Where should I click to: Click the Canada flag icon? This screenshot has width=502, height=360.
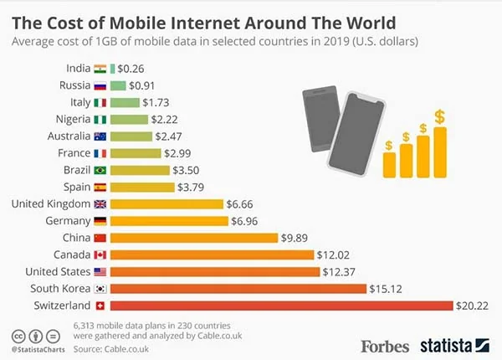pos(100,255)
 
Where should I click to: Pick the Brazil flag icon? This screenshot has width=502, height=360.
pos(100,170)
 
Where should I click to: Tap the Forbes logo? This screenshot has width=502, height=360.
pos(385,344)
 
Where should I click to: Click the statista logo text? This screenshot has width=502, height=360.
pos(444,344)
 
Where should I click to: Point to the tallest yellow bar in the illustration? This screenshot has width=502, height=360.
pos(439,151)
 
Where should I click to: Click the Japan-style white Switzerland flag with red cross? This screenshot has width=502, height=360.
pos(100,306)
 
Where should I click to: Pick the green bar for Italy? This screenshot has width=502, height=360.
pos(125,102)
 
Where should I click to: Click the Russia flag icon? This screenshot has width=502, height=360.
pos(100,85)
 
